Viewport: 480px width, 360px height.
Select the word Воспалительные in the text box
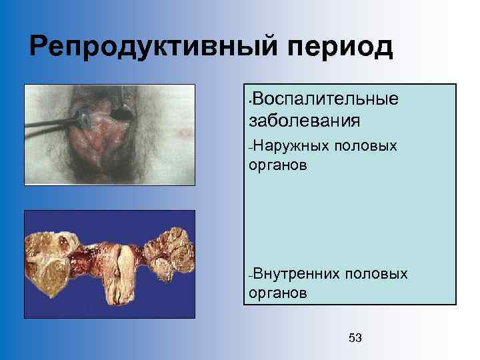coord(326,100)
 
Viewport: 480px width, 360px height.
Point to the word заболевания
coord(304,121)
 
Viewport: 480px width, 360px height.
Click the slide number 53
coord(355,339)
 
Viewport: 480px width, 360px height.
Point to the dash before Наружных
coord(250,147)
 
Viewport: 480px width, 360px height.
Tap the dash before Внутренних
coord(250,276)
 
